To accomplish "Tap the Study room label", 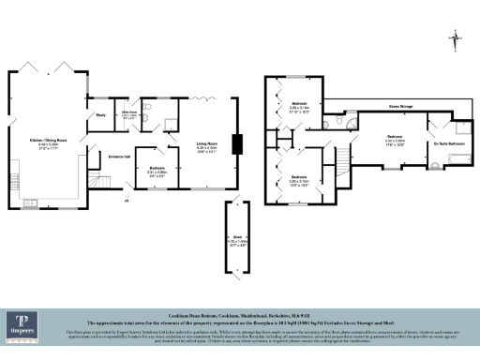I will pyautogui.click(x=100, y=115).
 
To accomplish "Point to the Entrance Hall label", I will pyautogui.click(x=119, y=156).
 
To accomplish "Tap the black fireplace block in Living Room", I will pyautogui.click(x=238, y=143).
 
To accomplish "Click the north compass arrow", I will pyautogui.click(x=454, y=38).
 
